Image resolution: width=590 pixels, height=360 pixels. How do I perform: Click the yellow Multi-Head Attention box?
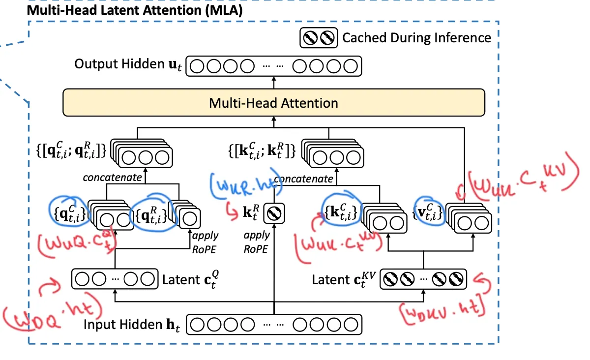click(274, 103)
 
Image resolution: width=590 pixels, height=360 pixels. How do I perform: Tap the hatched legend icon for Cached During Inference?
click(319, 38)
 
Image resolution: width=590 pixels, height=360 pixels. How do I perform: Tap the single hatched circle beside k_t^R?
click(272, 213)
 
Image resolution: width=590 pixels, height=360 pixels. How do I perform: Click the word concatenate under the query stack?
click(112, 177)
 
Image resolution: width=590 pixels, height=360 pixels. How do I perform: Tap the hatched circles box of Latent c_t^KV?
click(424, 279)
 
